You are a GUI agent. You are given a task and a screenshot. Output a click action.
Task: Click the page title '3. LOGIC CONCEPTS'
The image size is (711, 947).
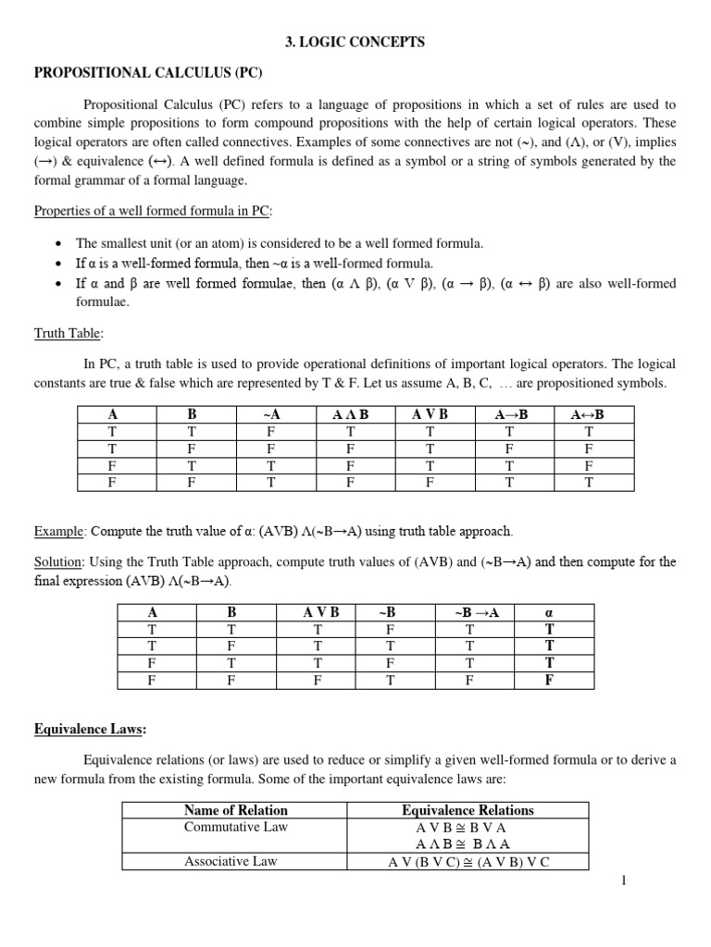click(x=355, y=42)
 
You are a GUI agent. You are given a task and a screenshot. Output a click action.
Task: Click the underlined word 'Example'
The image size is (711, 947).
click(x=58, y=532)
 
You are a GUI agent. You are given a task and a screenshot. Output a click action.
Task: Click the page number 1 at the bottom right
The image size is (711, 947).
click(x=624, y=879)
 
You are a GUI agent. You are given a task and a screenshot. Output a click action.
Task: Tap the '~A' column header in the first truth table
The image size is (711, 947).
click(x=271, y=415)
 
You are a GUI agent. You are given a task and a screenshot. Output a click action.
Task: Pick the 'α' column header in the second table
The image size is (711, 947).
click(x=550, y=612)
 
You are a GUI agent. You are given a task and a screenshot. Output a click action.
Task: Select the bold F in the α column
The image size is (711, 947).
click(x=550, y=680)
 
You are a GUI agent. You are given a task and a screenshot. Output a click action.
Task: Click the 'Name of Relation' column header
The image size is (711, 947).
click(x=236, y=810)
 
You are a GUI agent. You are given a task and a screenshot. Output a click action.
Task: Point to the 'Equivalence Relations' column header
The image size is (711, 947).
click(x=468, y=810)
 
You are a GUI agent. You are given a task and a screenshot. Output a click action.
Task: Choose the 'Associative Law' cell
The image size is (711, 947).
click(x=236, y=861)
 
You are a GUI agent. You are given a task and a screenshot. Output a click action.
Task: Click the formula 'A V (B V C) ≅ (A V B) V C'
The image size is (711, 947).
click(x=468, y=862)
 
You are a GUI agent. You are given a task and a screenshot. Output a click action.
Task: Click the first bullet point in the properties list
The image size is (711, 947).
click(x=58, y=243)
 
